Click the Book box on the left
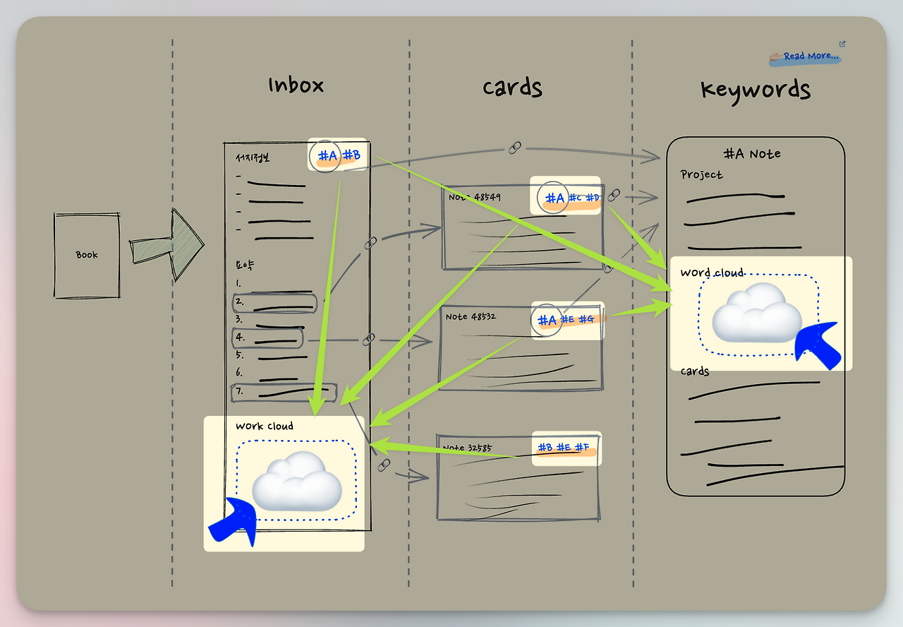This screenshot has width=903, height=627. pos(87,255)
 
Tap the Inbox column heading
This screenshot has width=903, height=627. pos(296,86)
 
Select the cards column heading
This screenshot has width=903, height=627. pos(512,88)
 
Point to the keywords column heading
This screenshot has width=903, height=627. pos(755,90)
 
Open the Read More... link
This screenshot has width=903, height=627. pos(810,56)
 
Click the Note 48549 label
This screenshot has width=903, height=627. pos(474,197)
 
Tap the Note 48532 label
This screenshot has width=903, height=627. pos(471,316)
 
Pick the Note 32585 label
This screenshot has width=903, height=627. pos(466,448)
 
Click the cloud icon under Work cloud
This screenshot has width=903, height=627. pos(297,481)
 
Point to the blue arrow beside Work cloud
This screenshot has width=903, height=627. pos(234,521)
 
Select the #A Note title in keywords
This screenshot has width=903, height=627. pos(752,153)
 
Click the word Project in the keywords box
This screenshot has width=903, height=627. pos(701,174)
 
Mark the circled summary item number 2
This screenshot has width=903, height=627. pos(274,304)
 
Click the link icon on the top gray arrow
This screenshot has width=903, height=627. pos(515,147)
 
